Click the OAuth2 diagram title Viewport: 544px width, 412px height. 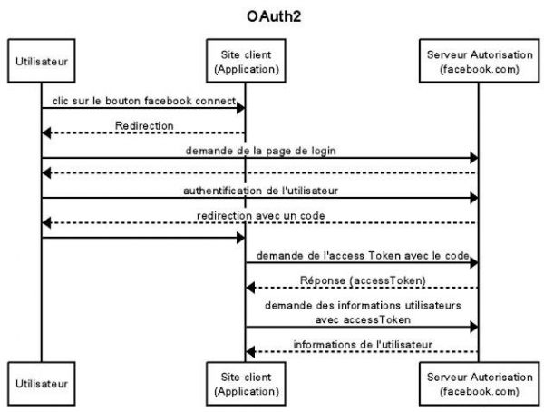(x=271, y=15)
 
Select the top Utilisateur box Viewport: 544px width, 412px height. (x=41, y=60)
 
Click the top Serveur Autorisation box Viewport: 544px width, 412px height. (x=477, y=60)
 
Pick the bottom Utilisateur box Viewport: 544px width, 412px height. (x=41, y=384)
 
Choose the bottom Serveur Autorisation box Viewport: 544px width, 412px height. (x=477, y=384)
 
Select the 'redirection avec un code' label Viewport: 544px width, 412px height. (x=259, y=214)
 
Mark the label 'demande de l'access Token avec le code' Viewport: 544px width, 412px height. (x=362, y=255)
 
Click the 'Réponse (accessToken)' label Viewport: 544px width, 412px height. (x=362, y=281)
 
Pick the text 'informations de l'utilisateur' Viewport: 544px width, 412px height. (x=362, y=343)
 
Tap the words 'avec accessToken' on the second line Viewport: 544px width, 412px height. (x=362, y=319)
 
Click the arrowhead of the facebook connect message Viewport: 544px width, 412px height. (x=240, y=108)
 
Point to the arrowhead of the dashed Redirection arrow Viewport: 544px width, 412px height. (x=46, y=133)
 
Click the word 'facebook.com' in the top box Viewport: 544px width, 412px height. (x=478, y=67)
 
